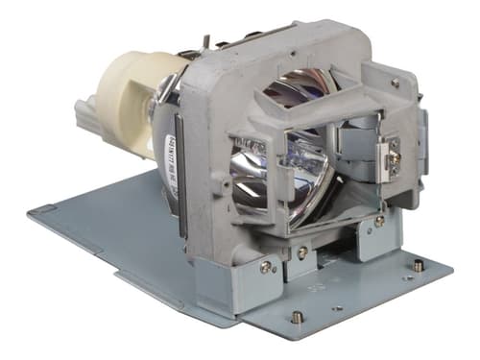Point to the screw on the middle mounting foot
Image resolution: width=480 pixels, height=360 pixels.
(303, 252)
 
